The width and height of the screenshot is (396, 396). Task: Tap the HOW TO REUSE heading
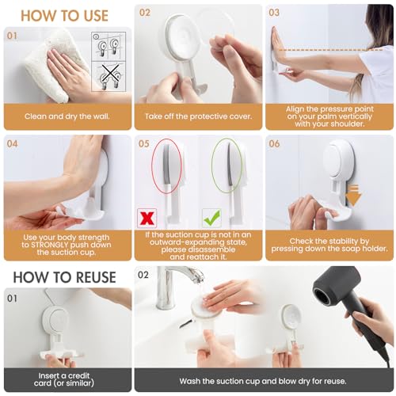click(x=59, y=277)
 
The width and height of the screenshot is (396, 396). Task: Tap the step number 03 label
click(x=274, y=13)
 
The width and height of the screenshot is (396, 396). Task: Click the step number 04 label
click(x=13, y=144)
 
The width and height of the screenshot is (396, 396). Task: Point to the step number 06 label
click(x=274, y=144)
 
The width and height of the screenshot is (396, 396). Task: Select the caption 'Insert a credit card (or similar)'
click(x=66, y=379)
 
